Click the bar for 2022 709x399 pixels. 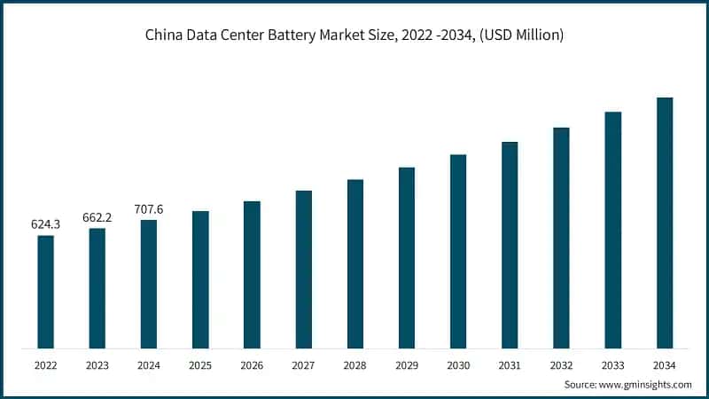45,292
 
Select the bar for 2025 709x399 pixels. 200,279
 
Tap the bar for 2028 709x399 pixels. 355,263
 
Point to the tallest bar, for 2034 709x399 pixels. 665,223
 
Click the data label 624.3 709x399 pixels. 45,225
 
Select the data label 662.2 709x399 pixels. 97,218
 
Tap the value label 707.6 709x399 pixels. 148,210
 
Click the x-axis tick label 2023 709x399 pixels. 97,364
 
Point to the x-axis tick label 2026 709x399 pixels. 252,364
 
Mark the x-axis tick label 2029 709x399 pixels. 407,364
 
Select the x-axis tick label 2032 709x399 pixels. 561,364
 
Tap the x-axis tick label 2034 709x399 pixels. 665,364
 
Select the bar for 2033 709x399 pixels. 613,230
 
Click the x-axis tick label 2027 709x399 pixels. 303,364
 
